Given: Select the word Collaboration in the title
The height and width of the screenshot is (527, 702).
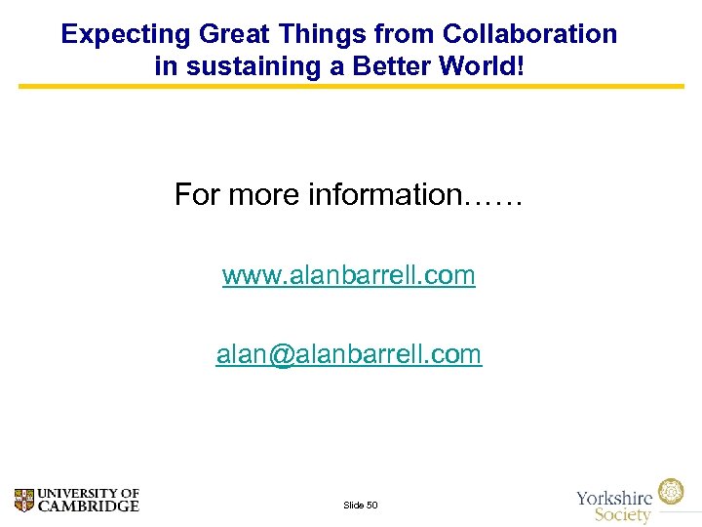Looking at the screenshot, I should coord(529,34).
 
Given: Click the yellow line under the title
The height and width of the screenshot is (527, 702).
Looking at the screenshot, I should coord(351,86).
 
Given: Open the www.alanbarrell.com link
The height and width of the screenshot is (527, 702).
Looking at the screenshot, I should coord(349,275).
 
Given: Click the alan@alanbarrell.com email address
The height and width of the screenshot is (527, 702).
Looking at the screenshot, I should coord(349,354).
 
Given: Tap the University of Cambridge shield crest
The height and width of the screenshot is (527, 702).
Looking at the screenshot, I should coord(24,501).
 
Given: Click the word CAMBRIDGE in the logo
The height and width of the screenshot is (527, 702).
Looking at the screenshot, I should coord(89,507).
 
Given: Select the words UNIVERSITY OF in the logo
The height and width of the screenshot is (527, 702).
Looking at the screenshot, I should coord(89,494).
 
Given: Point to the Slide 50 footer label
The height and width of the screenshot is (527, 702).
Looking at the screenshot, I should coord(361,505).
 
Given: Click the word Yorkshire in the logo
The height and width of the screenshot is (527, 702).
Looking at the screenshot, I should coord(614,497).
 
